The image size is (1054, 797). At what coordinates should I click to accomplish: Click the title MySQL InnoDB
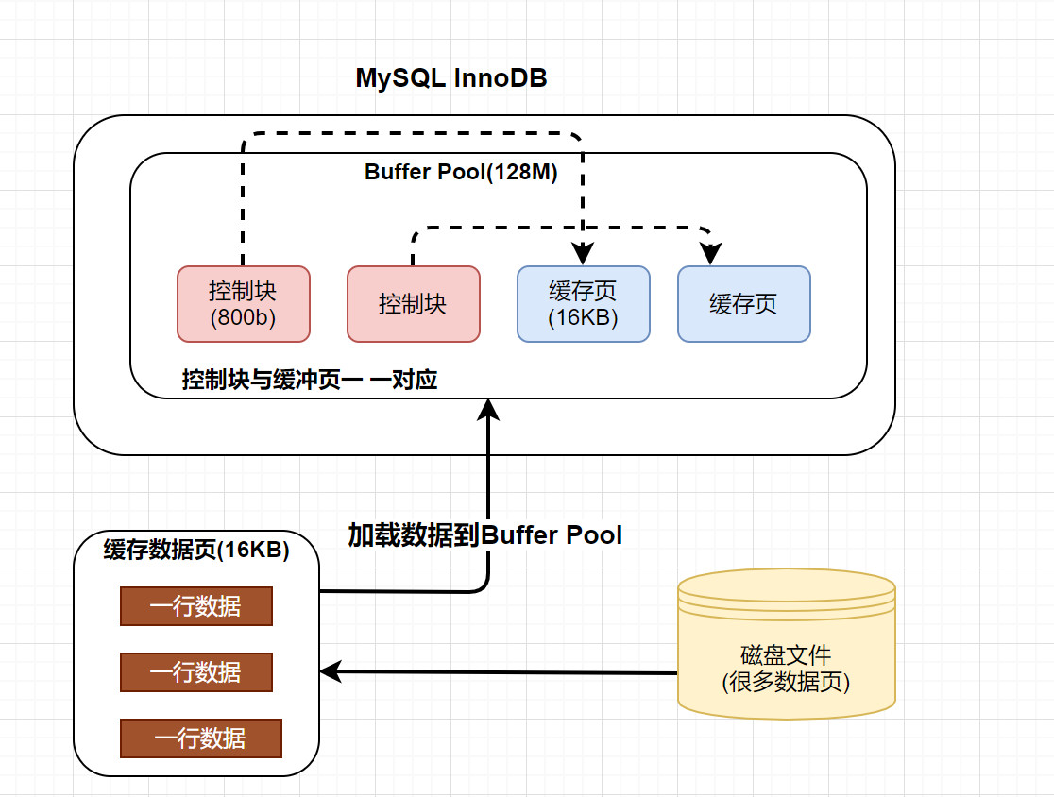click(x=451, y=78)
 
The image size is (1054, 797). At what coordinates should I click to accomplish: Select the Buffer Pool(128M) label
click(x=461, y=172)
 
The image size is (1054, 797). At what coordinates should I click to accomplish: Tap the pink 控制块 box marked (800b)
click(x=244, y=304)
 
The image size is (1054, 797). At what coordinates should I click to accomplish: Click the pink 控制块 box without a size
click(x=414, y=304)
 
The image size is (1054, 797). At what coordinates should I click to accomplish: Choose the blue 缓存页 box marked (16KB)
click(x=584, y=304)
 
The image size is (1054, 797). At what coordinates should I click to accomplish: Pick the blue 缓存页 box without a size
click(x=744, y=304)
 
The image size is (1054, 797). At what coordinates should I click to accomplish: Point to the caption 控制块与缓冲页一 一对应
click(x=310, y=380)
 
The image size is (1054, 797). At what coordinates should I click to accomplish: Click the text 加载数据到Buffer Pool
click(x=484, y=534)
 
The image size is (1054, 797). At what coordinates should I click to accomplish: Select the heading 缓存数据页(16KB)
click(x=196, y=550)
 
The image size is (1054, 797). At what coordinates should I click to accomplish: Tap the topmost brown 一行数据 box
click(x=196, y=606)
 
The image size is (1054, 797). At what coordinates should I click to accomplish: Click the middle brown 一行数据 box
click(x=196, y=672)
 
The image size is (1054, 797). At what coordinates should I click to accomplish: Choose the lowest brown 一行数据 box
click(x=201, y=738)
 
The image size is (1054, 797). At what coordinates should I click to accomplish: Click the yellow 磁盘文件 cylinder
click(x=787, y=644)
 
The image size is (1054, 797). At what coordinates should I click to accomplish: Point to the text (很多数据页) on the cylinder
click(x=786, y=682)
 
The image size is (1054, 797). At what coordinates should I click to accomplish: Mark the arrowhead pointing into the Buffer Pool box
click(x=488, y=409)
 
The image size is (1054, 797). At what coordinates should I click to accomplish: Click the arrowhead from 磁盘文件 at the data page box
click(x=331, y=671)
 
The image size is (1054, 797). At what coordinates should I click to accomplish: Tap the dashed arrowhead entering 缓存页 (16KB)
click(x=583, y=254)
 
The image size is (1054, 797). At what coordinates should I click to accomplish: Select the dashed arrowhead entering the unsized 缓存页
click(x=710, y=254)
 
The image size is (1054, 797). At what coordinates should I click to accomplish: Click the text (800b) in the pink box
click(x=244, y=317)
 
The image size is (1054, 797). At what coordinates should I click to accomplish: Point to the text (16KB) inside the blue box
click(x=584, y=317)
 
